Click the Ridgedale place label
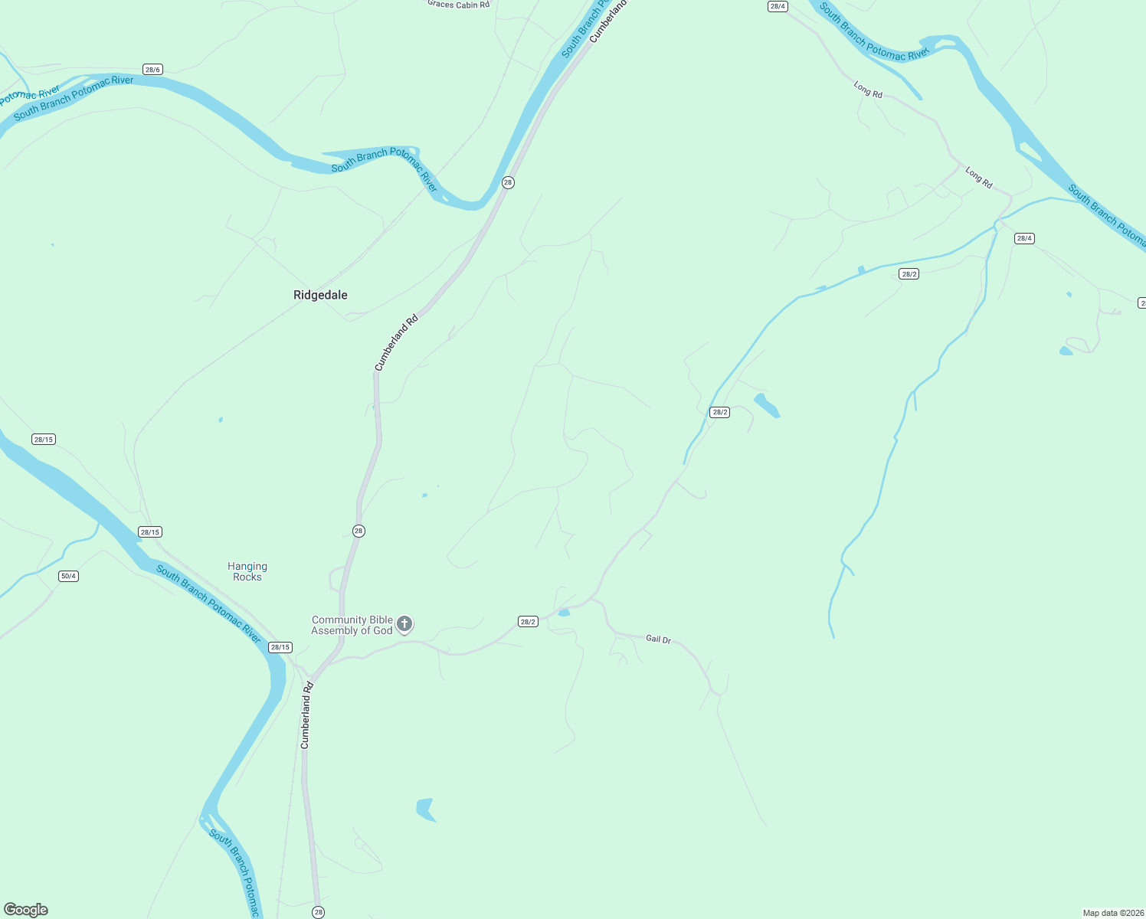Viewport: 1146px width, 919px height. click(320, 295)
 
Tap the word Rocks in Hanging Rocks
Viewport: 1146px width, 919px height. click(247, 577)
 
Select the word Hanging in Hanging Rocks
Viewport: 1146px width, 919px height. click(247, 567)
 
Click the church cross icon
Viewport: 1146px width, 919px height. click(404, 624)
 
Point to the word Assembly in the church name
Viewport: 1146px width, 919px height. click(340, 631)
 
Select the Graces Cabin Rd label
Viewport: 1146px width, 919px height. click(458, 5)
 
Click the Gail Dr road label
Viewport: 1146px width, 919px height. click(658, 639)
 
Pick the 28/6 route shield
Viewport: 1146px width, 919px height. click(152, 70)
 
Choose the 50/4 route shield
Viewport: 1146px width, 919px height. click(68, 576)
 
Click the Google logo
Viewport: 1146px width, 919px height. click(26, 910)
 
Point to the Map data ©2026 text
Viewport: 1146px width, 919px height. click(1112, 913)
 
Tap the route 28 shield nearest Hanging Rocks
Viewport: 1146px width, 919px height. click(359, 531)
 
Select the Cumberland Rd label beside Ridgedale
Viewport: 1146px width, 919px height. click(397, 342)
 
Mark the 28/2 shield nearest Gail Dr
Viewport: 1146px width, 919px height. click(528, 622)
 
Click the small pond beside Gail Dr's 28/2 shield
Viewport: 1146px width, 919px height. click(564, 613)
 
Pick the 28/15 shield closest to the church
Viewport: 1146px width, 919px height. click(280, 647)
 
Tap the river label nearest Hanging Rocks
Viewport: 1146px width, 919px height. click(208, 604)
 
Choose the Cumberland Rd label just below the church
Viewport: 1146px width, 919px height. click(306, 715)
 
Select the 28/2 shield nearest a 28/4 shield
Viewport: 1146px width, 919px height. click(909, 274)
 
